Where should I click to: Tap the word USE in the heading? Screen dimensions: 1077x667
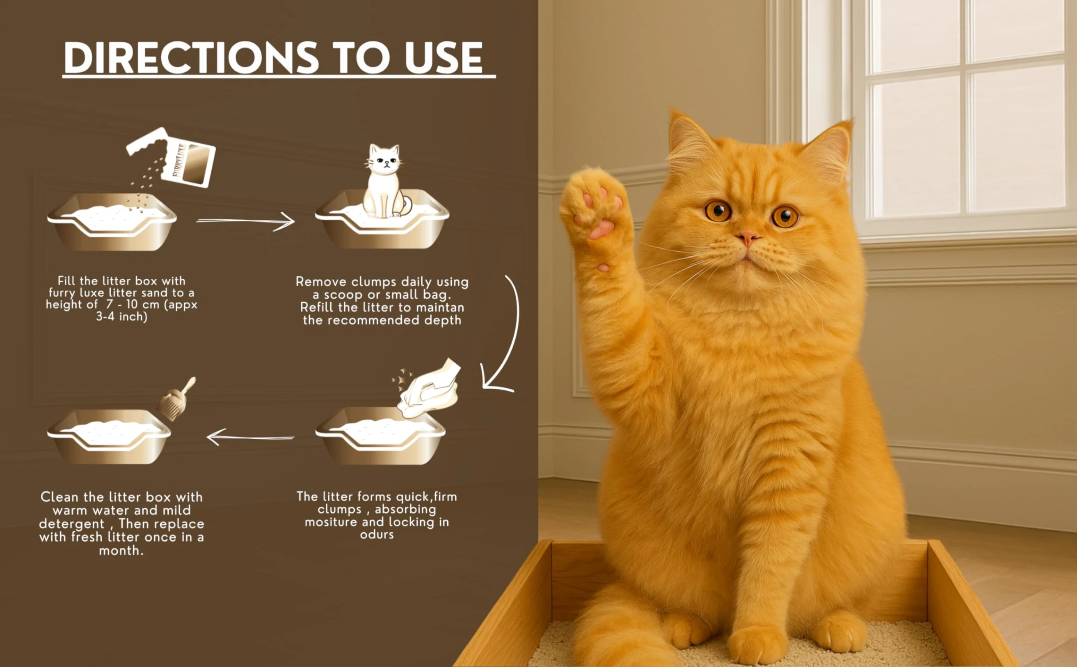point(444,58)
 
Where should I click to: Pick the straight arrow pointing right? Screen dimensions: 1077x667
point(245,221)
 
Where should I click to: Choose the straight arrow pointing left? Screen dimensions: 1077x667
point(250,437)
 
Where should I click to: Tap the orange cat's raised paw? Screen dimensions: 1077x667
point(596,208)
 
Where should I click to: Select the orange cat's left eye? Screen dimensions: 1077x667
point(785,217)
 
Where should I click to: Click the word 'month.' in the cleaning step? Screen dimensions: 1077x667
point(121,551)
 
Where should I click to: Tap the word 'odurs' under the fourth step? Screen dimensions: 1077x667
point(377,534)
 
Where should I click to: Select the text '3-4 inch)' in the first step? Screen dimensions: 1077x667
point(122,316)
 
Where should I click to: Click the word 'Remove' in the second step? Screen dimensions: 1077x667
point(321,282)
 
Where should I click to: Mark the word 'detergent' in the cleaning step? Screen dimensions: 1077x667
point(72,524)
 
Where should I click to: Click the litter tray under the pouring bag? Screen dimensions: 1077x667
point(112,222)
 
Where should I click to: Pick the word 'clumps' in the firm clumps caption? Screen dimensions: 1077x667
point(340,510)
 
